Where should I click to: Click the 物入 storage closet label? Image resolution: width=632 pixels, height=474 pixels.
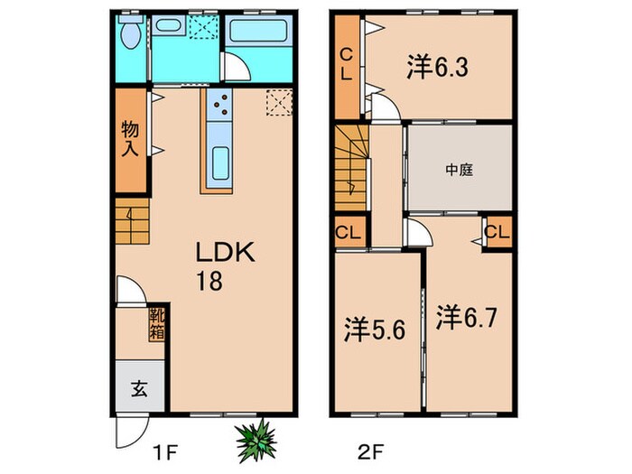[130, 139]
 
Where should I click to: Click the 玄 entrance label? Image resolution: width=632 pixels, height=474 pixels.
[141, 390]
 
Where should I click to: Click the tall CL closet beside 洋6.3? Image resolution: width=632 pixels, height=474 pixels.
[346, 65]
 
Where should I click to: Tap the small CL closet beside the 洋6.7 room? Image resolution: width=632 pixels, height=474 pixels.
[497, 232]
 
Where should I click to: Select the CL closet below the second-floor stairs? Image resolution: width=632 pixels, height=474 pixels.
[347, 233]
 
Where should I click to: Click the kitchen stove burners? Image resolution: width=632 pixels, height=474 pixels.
[219, 109]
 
